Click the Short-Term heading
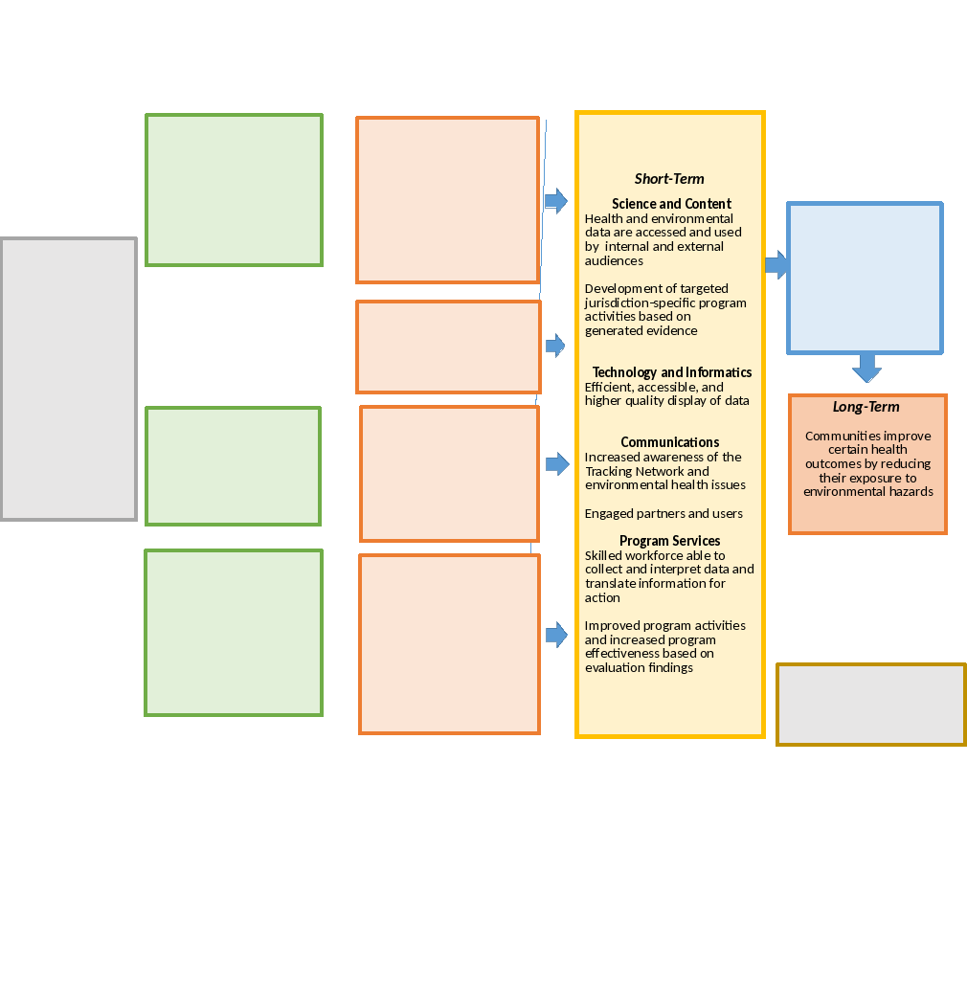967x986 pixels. point(669,179)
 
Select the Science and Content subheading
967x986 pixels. point(671,204)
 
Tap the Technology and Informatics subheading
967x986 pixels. point(671,372)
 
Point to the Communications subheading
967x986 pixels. point(670,442)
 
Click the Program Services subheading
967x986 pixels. point(669,541)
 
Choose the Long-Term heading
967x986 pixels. point(866,407)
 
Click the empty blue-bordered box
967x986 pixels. point(865,278)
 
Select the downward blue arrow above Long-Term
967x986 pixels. point(866,367)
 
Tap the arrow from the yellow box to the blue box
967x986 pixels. point(776,264)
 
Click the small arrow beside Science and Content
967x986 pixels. point(555,200)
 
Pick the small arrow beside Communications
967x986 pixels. point(556,464)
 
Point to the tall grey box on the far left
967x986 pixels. point(68,379)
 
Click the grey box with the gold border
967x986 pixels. point(870,705)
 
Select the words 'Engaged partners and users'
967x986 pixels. point(663,514)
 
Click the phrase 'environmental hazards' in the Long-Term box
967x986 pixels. point(868,492)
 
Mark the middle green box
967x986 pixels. point(233,466)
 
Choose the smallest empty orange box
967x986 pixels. point(448,347)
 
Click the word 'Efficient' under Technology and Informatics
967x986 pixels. point(609,387)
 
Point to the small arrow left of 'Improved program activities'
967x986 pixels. point(555,634)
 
